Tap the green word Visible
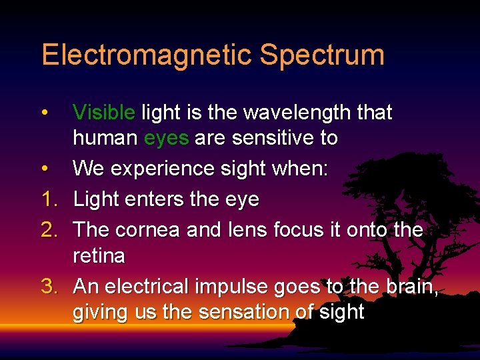click(x=104, y=113)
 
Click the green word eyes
click(x=167, y=139)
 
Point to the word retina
click(x=99, y=256)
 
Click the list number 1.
click(x=49, y=199)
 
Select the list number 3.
click(x=49, y=286)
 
